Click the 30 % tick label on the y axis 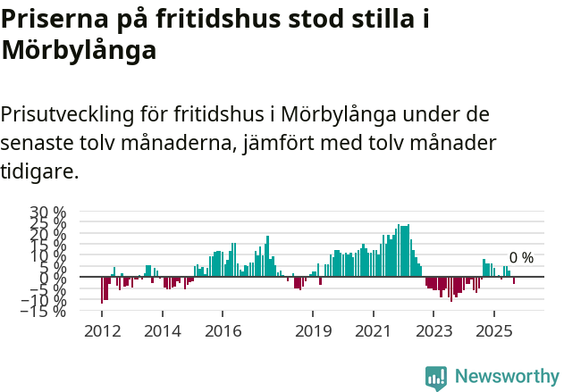47,213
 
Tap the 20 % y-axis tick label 47,234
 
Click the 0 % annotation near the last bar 521,258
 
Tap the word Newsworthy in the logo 506,377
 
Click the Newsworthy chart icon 436,378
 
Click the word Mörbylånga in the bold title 80,51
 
